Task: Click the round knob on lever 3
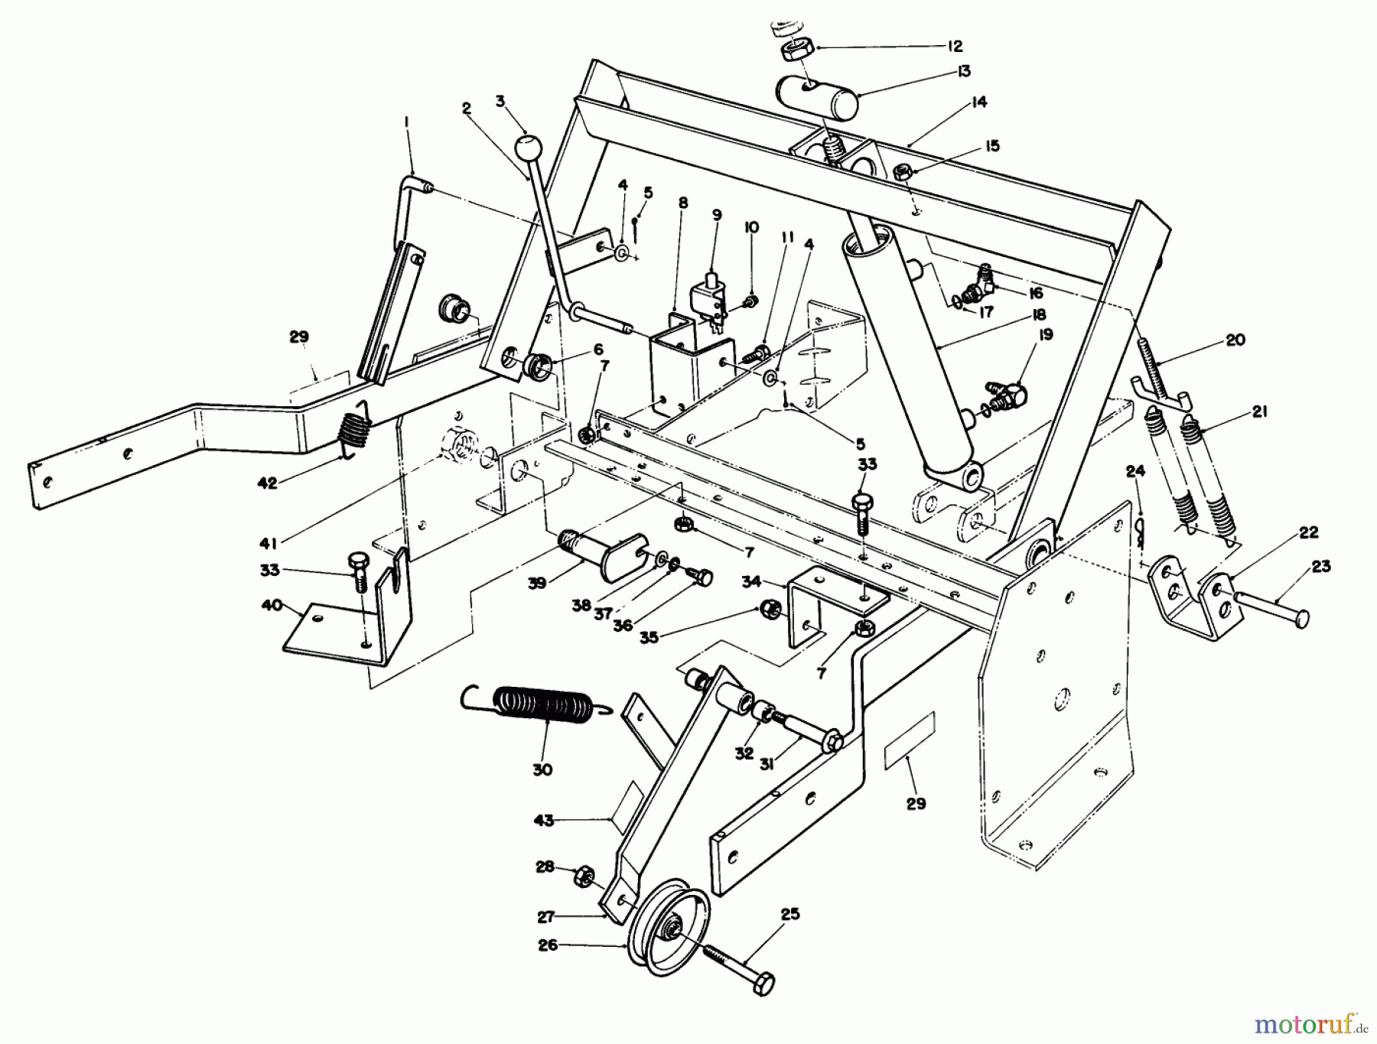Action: point(526,146)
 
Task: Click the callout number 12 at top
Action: point(954,47)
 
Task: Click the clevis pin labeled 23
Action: point(1270,609)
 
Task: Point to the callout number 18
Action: point(1038,314)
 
